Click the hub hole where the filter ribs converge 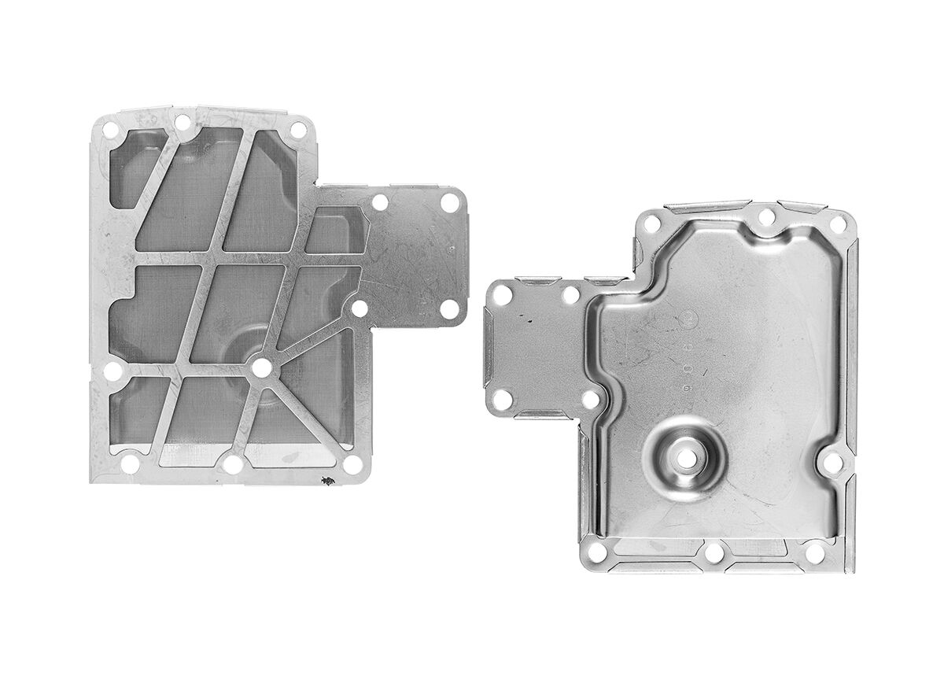[x=262, y=367]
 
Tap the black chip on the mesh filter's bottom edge [x=324, y=480]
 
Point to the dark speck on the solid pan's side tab [x=530, y=321]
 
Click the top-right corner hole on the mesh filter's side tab [x=450, y=201]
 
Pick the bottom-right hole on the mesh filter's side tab [x=449, y=308]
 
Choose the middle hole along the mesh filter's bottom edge [x=233, y=465]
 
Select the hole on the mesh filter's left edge [x=113, y=371]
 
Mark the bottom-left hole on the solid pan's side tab [x=503, y=400]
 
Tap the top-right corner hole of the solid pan [x=838, y=225]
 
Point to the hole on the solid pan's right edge [x=832, y=463]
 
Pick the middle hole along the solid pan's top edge [x=765, y=218]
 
